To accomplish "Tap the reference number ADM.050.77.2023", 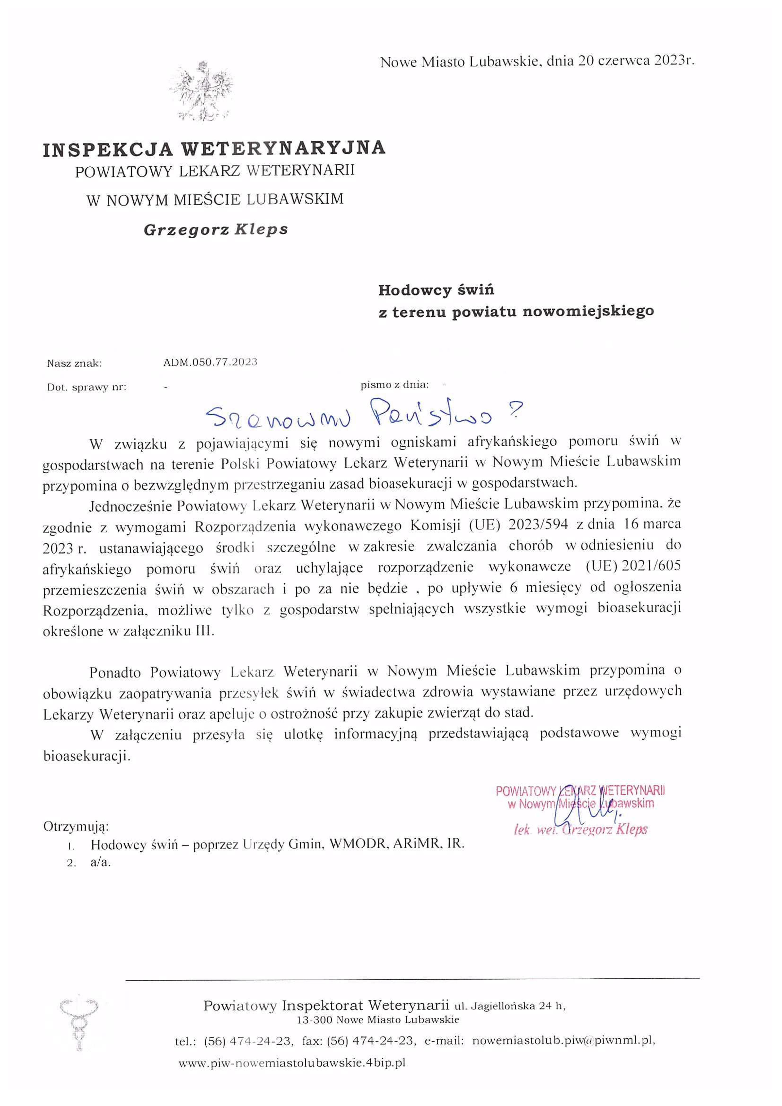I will point(210,362).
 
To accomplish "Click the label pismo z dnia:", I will point(394,384).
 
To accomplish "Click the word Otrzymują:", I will point(76,827).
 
